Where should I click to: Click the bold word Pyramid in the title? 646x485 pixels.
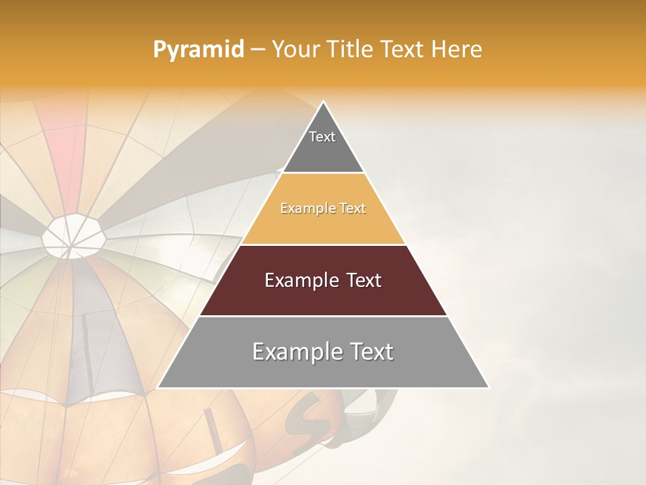[198, 50]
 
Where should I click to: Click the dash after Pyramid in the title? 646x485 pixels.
[258, 50]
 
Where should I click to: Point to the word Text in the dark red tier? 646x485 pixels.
[363, 280]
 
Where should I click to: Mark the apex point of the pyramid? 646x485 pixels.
[323, 102]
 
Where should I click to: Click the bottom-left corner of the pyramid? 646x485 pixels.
[158, 387]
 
